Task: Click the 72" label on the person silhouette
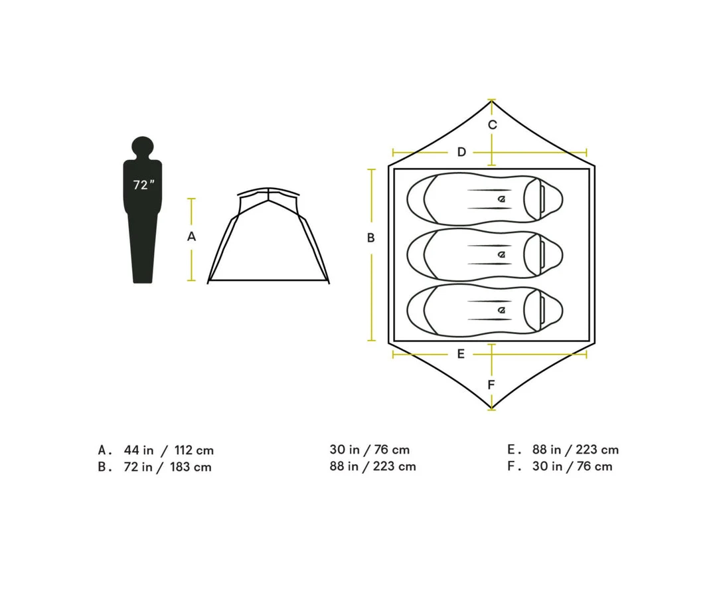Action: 143,185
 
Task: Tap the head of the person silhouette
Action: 143,147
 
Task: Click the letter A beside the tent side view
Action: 192,236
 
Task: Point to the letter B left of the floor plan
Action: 371,238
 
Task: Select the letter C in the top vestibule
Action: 492,125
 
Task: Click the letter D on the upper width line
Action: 461,153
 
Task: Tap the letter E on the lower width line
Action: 461,354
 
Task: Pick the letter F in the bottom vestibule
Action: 491,385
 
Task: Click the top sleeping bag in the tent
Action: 484,198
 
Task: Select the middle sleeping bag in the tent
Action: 484,254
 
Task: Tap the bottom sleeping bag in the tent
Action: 484,309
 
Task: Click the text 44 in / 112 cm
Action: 169,450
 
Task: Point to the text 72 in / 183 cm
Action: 167,467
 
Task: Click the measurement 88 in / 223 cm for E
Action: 575,450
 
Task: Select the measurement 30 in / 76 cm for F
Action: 572,466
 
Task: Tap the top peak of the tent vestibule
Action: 491,101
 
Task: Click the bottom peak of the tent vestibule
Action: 491,408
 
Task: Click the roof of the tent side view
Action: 268,192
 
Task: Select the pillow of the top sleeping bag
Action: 542,198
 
